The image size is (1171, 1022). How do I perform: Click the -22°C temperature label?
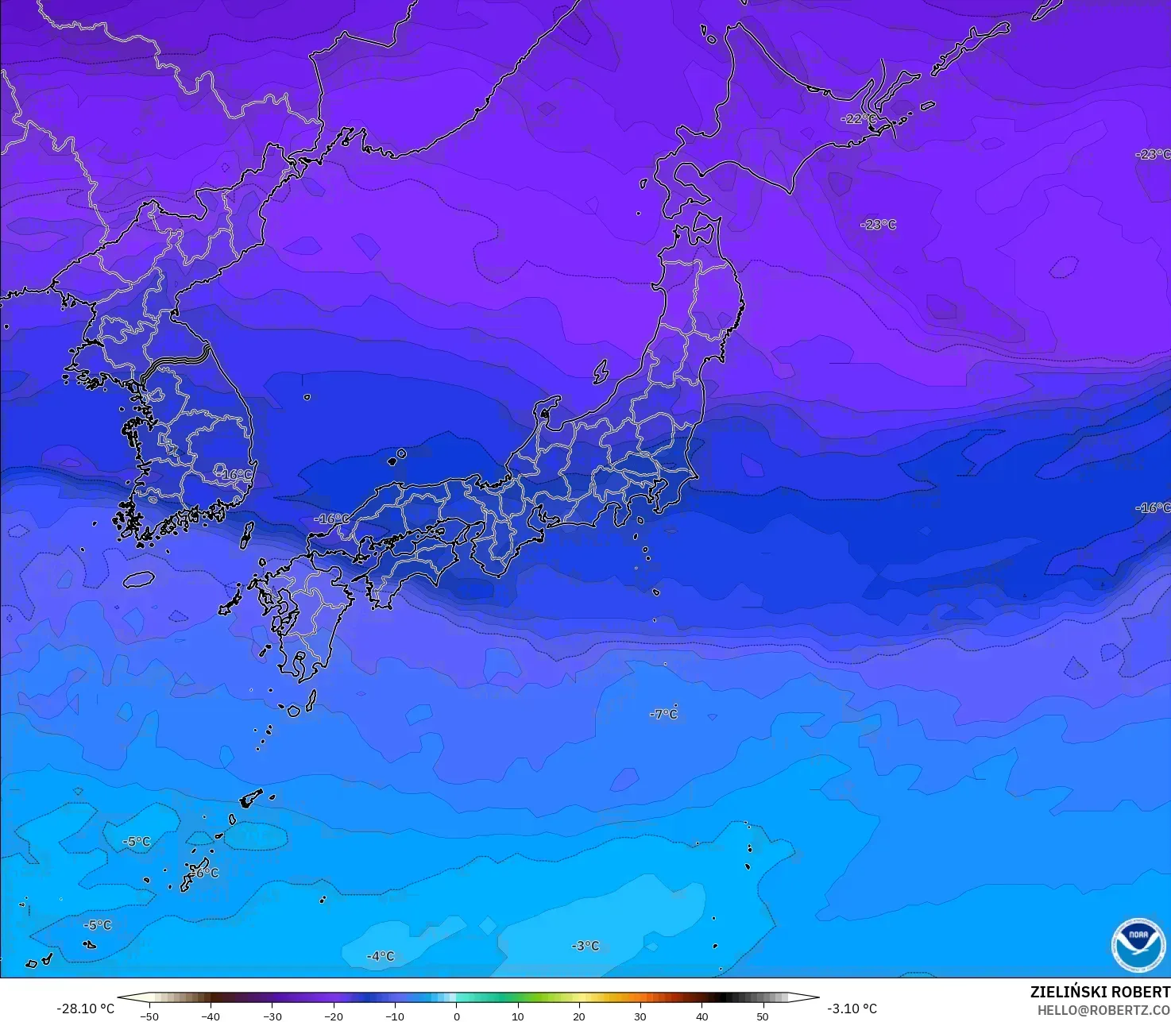[858, 119]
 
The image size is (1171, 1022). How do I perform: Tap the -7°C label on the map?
[664, 714]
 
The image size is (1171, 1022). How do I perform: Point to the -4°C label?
[381, 956]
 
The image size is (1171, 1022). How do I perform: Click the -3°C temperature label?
[585, 946]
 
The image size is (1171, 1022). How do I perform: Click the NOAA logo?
[1138, 945]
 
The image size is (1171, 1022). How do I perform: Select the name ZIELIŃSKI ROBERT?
[1100, 992]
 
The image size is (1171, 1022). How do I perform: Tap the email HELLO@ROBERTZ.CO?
[1103, 1009]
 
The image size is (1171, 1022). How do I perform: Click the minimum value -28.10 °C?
[85, 1009]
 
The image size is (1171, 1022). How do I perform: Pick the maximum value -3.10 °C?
[852, 1009]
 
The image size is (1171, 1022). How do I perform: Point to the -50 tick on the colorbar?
[149, 1016]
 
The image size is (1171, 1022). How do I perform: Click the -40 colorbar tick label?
[211, 1016]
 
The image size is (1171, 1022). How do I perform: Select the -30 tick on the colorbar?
[272, 1016]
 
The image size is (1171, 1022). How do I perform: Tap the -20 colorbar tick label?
[334, 1016]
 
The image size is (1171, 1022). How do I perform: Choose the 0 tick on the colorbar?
[457, 1016]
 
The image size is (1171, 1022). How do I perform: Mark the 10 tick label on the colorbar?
[518, 1016]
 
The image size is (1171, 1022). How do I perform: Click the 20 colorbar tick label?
[579, 1016]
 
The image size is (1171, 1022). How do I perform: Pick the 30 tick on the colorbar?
[640, 1016]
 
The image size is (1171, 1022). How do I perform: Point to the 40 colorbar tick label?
[701, 1016]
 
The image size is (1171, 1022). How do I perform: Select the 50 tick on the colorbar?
[763, 1016]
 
